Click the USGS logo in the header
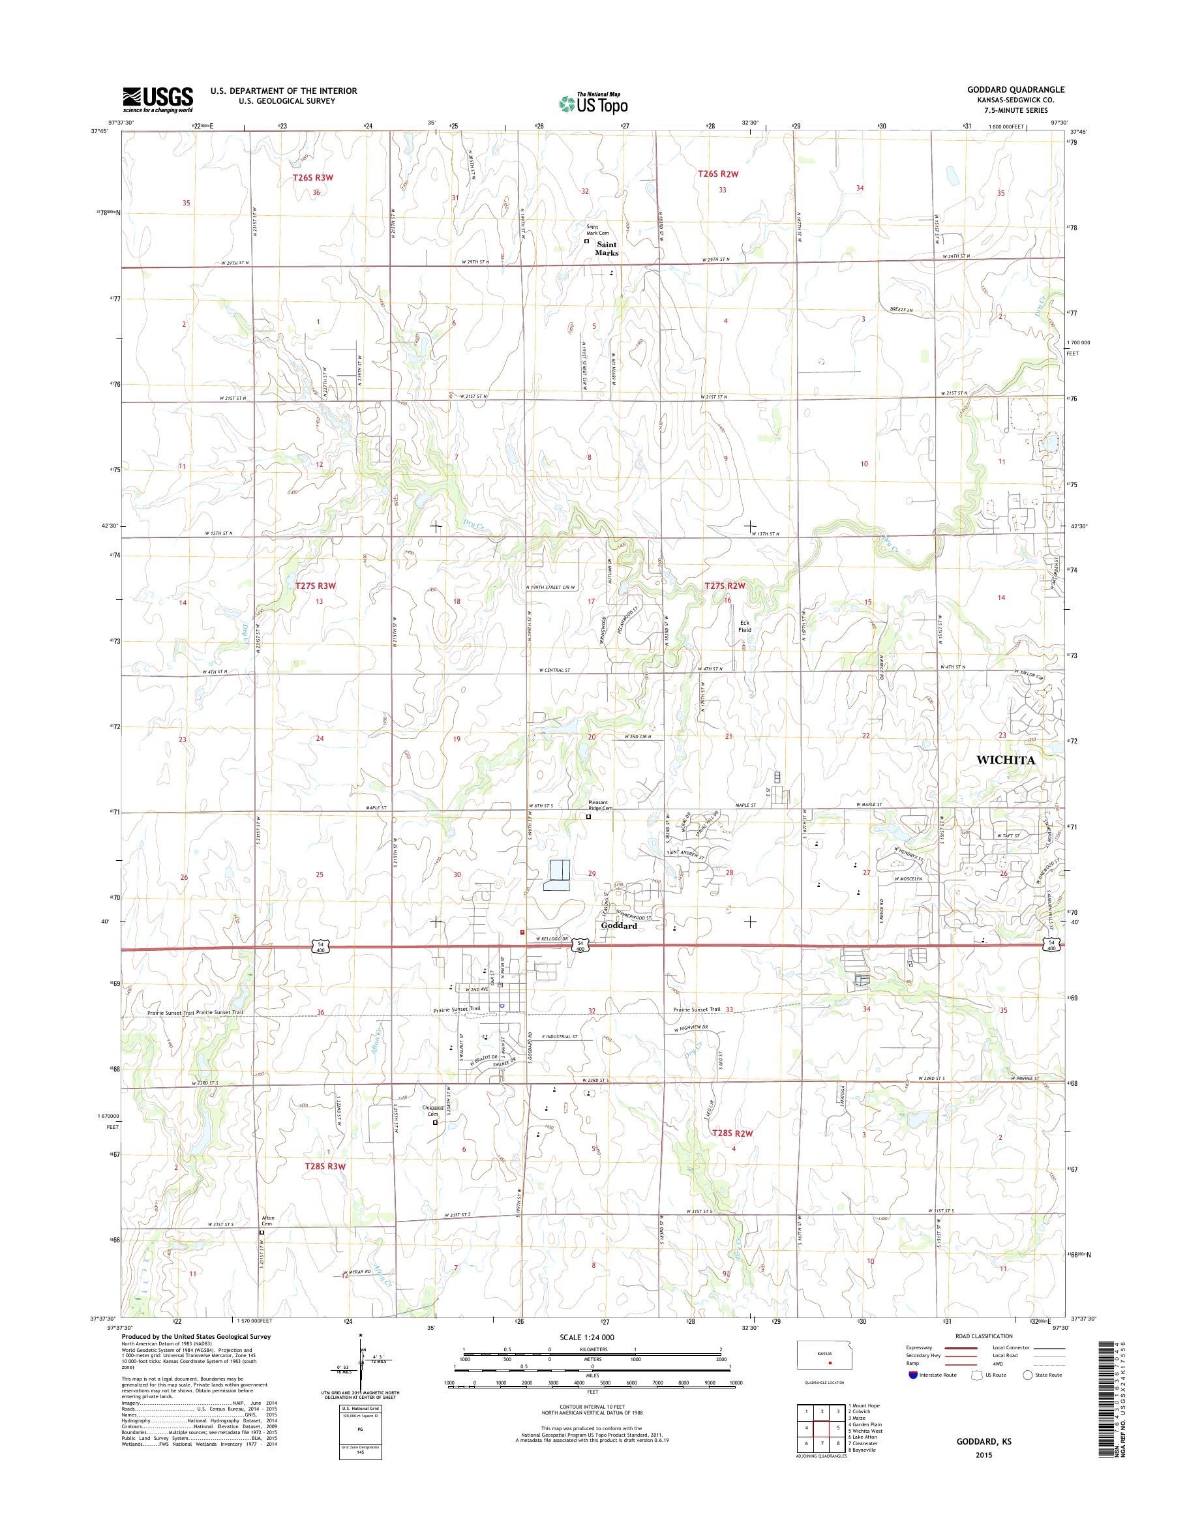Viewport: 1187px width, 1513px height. [158, 100]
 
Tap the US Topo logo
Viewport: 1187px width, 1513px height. [593, 104]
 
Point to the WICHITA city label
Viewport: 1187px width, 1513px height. [1005, 760]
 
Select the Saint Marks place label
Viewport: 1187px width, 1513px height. [606, 249]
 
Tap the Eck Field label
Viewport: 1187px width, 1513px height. [745, 626]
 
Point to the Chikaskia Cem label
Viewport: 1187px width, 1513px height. [434, 1130]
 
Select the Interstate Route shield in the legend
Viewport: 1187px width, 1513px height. [912, 1375]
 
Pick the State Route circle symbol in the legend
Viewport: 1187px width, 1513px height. [1028, 1375]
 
